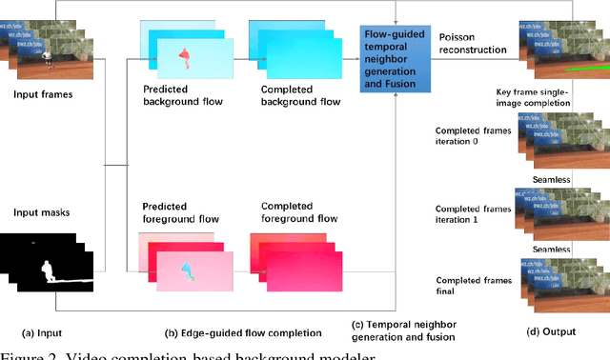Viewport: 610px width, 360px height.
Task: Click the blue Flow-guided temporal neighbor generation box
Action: point(395,56)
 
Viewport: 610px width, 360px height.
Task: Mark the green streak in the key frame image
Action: point(572,69)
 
